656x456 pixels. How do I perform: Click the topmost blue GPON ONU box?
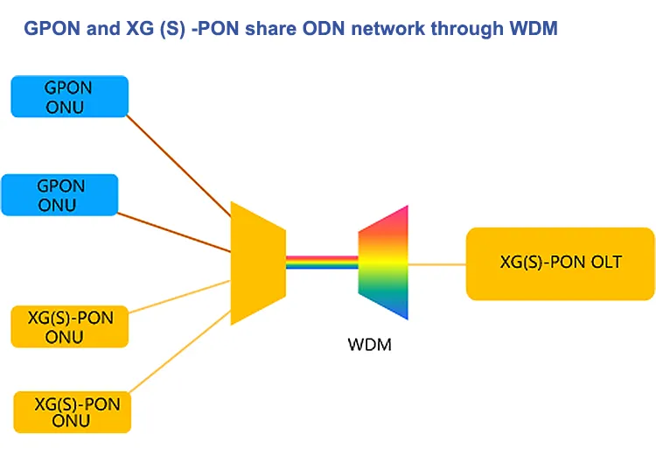[70, 96]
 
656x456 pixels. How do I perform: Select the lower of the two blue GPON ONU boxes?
[60, 195]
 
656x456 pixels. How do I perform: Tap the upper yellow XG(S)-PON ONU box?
[69, 326]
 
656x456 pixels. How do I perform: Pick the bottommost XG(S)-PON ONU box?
[73, 411]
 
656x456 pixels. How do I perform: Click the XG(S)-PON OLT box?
[561, 263]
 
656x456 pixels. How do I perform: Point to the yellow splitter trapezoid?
[258, 263]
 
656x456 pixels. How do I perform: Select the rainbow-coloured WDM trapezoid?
[384, 263]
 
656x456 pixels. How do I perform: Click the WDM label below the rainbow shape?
[369, 344]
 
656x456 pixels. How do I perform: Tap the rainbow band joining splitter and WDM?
[322, 263]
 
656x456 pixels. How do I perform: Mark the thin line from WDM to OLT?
[437, 263]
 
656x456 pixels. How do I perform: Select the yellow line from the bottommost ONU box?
[179, 350]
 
